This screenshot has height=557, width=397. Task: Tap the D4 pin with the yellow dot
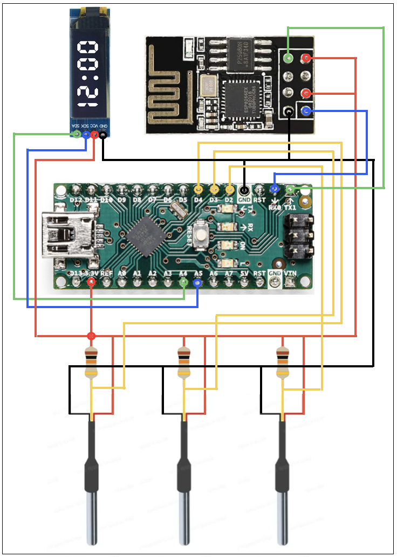click(198, 190)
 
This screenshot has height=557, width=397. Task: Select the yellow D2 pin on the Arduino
click(230, 190)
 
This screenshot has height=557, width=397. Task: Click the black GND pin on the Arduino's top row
click(244, 190)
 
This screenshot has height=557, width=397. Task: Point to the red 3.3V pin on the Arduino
click(92, 282)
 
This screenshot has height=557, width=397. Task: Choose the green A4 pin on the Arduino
click(184, 282)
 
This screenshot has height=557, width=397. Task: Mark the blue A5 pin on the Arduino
click(197, 282)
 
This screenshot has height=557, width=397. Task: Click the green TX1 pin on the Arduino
click(290, 189)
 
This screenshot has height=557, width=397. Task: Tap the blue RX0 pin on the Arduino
click(275, 189)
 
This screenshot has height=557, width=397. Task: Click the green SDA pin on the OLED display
click(77, 134)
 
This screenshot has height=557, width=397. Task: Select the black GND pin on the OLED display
click(102, 134)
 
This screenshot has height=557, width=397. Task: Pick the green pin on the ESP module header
click(289, 58)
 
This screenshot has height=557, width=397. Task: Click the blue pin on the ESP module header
click(306, 112)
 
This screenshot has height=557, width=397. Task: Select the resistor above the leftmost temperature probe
click(92, 363)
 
